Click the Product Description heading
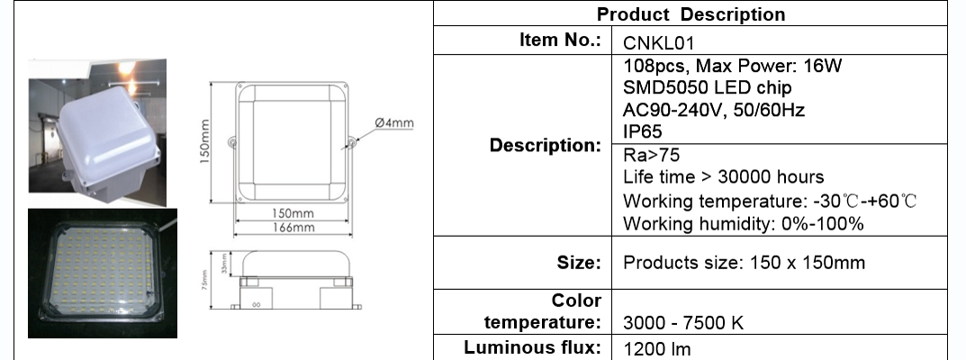coord(691,14)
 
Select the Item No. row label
coord(560,40)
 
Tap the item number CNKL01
coord(659,43)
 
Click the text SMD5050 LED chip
coord(708,87)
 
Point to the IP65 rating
coord(643,131)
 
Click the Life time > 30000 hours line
coord(723,176)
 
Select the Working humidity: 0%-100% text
coord(743,223)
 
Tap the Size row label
coord(579,263)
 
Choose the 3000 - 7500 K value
coord(683,322)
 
